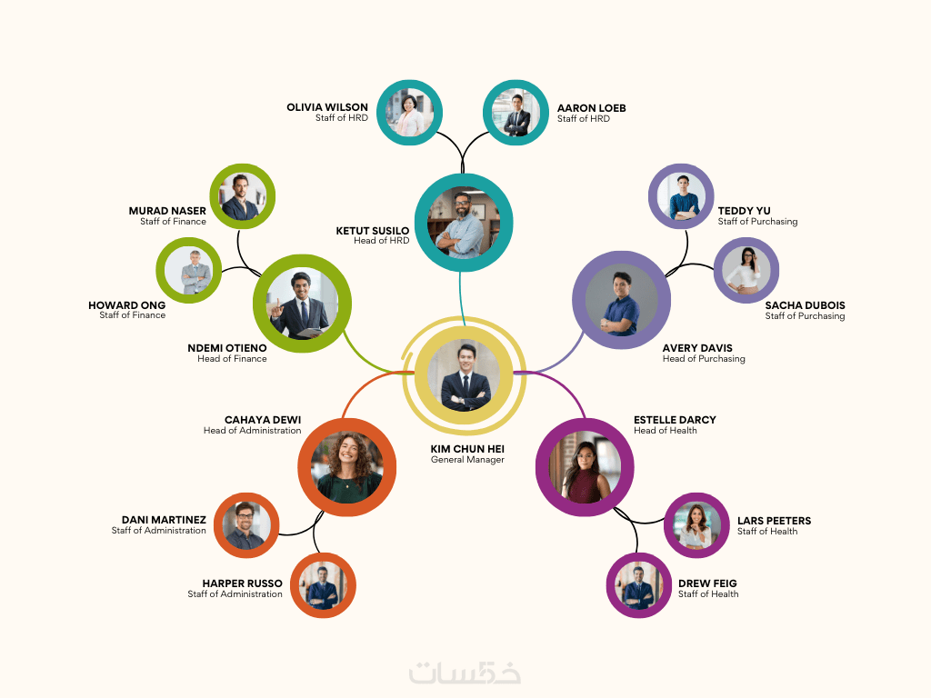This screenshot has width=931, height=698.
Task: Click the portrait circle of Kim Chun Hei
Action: tap(465, 374)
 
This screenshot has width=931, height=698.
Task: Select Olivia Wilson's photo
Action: tap(409, 113)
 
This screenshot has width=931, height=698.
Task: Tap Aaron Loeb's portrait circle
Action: tap(515, 113)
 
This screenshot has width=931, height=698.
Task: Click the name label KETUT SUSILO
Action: tap(373, 231)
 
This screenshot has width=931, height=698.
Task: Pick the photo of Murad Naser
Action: tap(243, 196)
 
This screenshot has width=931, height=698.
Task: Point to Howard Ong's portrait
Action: tap(189, 271)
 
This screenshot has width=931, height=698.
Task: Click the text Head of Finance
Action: tap(232, 359)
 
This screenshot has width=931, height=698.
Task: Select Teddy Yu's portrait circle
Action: tap(681, 196)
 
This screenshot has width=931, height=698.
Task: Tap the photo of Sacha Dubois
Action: tap(746, 270)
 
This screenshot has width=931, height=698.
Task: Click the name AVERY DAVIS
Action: tap(697, 348)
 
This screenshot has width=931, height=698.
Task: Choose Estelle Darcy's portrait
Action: tap(586, 466)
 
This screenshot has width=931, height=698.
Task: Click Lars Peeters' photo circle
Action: tap(697, 525)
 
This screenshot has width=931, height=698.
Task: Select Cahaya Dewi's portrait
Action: tap(346, 467)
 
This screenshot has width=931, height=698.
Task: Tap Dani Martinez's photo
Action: tap(246, 525)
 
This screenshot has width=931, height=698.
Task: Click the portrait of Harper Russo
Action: tap(322, 584)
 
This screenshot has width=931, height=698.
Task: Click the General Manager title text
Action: tap(467, 460)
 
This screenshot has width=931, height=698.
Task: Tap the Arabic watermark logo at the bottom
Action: tap(465, 673)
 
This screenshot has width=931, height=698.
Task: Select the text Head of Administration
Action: tap(252, 431)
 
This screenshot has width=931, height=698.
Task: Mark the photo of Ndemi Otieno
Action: tap(303, 304)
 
